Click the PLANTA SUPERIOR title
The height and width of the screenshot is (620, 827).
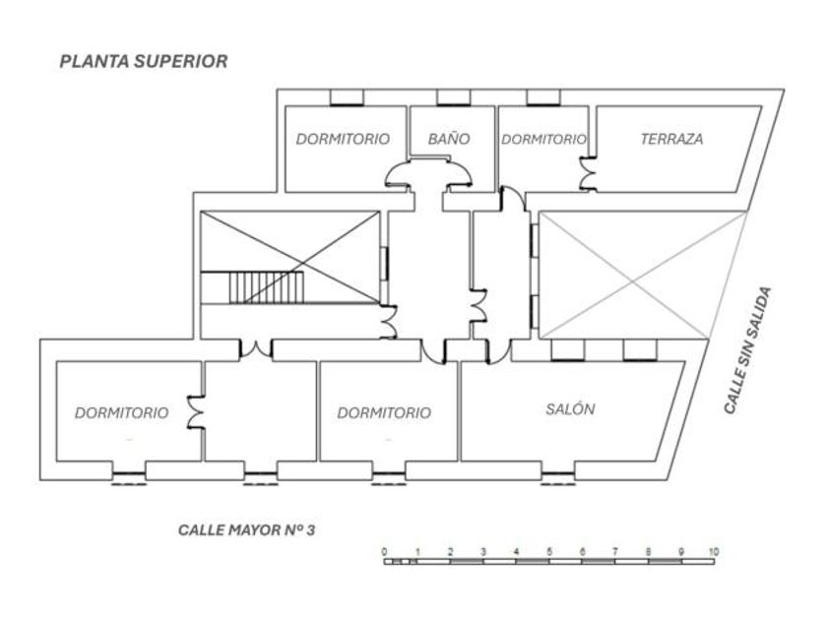[x=144, y=61]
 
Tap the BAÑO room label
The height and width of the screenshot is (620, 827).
[x=448, y=139]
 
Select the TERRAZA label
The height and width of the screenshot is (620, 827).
[x=671, y=139]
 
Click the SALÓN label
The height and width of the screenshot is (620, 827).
[x=570, y=409]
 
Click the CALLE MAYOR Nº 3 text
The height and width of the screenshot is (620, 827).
[x=246, y=529]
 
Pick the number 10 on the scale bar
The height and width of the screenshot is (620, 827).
[x=713, y=551]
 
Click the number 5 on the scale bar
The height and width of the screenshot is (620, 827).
[x=549, y=551]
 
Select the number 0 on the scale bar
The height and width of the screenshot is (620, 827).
[x=384, y=551]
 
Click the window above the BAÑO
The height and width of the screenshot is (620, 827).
[x=452, y=97]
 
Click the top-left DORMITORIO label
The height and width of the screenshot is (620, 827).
[x=343, y=139]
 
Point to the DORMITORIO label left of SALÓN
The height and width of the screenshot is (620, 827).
[x=384, y=413]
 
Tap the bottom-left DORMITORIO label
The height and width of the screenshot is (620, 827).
[x=121, y=412]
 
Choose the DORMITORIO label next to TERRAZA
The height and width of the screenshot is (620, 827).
[x=543, y=139]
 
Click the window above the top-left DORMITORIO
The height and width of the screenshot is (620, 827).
[x=345, y=97]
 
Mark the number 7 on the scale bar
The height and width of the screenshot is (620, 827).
[x=614, y=551]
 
